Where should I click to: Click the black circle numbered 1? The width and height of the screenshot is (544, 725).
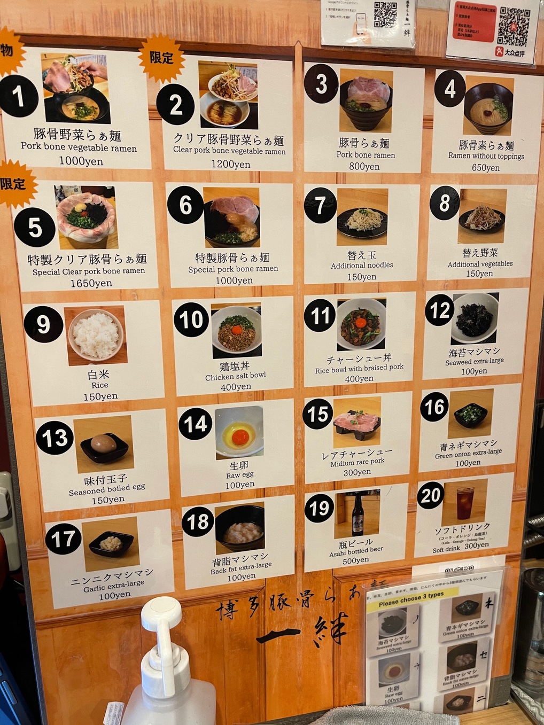click(19, 96)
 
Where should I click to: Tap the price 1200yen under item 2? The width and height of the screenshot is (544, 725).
click(230, 164)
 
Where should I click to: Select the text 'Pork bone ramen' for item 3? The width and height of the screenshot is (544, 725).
click(366, 155)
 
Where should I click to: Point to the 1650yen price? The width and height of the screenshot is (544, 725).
click(91, 283)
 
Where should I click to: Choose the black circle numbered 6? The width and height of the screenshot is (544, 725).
click(185, 205)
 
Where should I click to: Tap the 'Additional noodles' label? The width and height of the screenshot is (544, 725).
click(362, 266)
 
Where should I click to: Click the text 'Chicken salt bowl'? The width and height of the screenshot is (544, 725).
click(235, 376)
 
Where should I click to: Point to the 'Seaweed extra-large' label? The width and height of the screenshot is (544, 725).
click(474, 362)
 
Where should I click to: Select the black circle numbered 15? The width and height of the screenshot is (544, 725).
click(317, 415)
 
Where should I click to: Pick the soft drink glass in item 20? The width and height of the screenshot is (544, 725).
click(465, 502)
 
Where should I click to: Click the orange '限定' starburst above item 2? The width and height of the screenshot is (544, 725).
click(161, 58)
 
